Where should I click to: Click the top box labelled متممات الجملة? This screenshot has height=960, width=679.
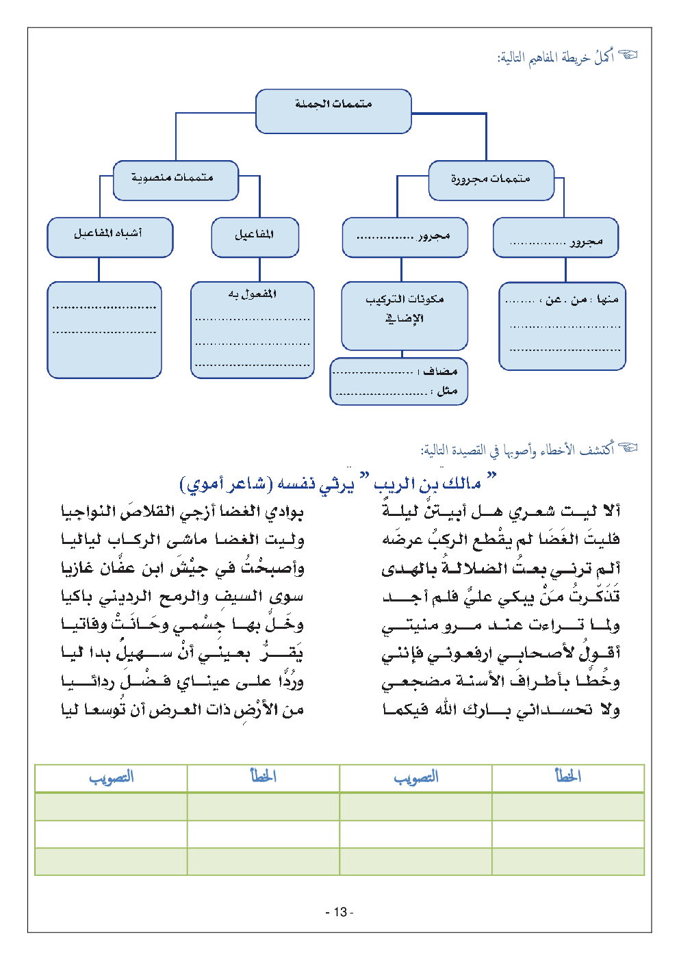(x=333, y=110)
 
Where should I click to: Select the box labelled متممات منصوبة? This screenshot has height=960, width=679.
(x=175, y=180)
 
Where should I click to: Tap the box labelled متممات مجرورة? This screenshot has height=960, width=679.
(x=491, y=180)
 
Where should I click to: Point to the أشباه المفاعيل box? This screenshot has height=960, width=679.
(x=110, y=237)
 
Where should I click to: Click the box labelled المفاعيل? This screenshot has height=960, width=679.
(x=255, y=237)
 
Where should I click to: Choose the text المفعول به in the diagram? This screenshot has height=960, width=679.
(x=253, y=294)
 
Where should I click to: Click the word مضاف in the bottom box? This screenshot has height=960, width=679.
(x=440, y=372)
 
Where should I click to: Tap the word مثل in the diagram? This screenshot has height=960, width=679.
(x=447, y=391)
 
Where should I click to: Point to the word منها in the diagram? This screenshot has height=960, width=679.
(x=607, y=299)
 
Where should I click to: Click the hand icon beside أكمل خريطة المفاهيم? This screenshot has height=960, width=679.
(x=628, y=55)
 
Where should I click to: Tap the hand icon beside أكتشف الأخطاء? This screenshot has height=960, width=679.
(x=628, y=448)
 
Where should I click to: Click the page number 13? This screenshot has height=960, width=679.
(x=339, y=912)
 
